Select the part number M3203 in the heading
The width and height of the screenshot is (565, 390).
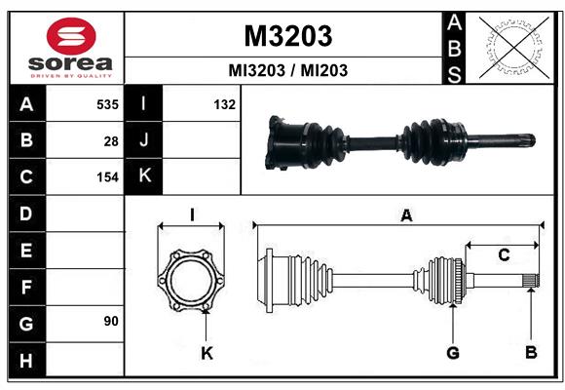tap(287, 36)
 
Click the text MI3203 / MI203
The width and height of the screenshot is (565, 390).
tap(287, 71)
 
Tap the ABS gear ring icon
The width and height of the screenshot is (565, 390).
tap(511, 47)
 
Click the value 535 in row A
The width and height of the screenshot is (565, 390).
tap(107, 104)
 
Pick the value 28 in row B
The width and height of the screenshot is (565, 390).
tap(111, 140)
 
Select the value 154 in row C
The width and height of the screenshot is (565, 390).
tap(107, 177)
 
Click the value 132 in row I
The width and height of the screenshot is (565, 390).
tap(224, 104)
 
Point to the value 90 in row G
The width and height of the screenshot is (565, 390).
tap(111, 320)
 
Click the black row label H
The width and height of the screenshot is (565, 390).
tap(26, 361)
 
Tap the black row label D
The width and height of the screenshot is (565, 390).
tap(26, 214)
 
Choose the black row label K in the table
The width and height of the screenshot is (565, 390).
tap(144, 176)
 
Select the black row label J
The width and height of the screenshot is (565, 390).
tap(144, 140)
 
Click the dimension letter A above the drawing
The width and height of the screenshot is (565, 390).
tap(406, 216)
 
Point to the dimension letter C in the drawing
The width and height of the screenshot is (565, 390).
tap(504, 255)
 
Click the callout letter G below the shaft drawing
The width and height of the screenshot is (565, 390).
tap(452, 352)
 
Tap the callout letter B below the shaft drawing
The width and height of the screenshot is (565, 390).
tap(530, 352)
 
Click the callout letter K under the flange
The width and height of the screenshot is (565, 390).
tap(207, 353)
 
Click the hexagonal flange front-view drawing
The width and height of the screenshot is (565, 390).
tap(191, 280)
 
